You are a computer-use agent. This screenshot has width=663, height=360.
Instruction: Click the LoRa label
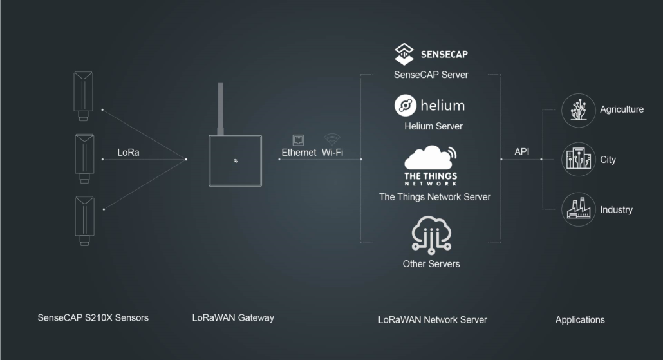(128, 153)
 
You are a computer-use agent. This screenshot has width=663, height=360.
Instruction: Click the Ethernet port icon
(298, 139)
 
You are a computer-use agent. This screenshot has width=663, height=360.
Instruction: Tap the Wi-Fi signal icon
(332, 138)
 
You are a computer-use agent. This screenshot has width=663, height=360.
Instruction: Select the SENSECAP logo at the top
(431, 54)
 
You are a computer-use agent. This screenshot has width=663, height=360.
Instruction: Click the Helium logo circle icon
(406, 106)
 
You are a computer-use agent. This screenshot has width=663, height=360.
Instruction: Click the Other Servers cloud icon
(431, 235)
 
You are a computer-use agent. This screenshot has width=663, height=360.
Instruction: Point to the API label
(521, 152)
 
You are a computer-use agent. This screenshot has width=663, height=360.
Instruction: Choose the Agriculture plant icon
(578, 109)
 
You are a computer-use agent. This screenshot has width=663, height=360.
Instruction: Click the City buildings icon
(578, 159)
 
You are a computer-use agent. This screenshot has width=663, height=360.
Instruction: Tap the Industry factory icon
(578, 209)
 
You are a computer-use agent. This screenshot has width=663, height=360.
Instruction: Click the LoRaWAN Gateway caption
(233, 317)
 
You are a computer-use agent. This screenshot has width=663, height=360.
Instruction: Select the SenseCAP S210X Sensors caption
(93, 317)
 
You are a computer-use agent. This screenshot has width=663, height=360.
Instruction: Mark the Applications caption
(580, 319)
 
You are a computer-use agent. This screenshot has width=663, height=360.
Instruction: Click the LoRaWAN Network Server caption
(432, 319)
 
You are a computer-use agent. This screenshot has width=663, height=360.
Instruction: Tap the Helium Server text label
(433, 126)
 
